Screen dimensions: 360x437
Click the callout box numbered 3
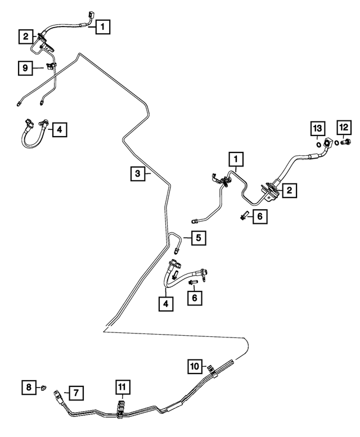point(138,174)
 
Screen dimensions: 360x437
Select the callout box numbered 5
point(199,238)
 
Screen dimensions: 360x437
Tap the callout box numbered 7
point(76,393)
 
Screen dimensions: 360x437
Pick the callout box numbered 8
point(29,387)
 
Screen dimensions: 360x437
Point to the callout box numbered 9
point(25,67)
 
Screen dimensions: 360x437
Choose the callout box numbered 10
point(195,366)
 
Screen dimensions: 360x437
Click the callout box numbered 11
point(122,387)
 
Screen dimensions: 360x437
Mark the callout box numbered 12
point(344,127)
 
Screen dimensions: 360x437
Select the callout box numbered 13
point(318,128)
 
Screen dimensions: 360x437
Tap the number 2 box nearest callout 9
point(26,36)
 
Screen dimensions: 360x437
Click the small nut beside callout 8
point(44,388)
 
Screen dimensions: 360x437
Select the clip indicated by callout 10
point(212,370)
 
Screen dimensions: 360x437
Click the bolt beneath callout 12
point(346,142)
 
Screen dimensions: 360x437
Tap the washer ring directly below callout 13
point(318,145)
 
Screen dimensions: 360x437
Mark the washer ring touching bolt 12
point(337,143)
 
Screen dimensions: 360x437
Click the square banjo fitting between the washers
point(328,143)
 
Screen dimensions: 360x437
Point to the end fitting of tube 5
point(177,251)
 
